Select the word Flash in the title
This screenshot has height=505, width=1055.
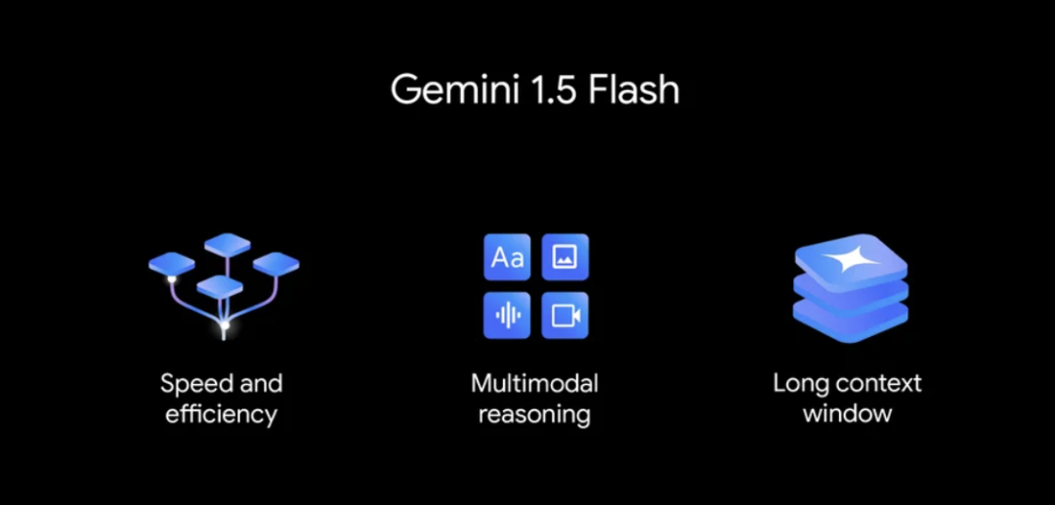click(631, 90)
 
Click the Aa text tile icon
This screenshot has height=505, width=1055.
click(507, 258)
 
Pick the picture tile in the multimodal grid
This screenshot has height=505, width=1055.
click(565, 258)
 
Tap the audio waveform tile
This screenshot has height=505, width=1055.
click(507, 315)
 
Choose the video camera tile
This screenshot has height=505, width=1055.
click(565, 315)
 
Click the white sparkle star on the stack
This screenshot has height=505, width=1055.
click(847, 260)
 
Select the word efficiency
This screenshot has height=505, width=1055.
click(221, 414)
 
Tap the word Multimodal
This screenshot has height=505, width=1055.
click(534, 383)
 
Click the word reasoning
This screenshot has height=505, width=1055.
click(534, 414)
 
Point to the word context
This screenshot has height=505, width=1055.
click(876, 383)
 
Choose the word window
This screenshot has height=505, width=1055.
click(847, 413)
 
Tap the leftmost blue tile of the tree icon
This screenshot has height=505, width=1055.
click(172, 262)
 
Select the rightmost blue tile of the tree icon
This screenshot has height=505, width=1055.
click(275, 262)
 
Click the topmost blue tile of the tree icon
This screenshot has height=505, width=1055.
click(228, 242)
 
